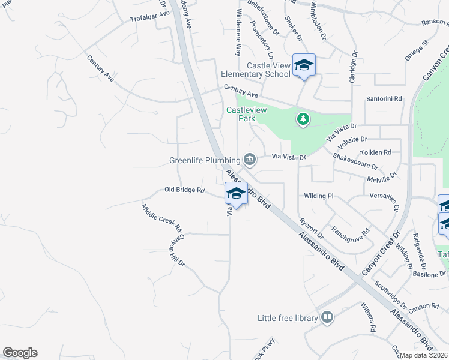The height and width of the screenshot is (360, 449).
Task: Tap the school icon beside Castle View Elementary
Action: tap(304, 65)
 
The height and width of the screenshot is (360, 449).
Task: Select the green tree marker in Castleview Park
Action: tap(303, 119)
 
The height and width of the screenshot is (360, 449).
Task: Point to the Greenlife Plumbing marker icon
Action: tap(250, 160)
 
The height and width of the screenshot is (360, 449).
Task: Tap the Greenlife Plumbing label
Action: tap(205, 161)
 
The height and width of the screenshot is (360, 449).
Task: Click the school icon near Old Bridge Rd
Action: tap(236, 194)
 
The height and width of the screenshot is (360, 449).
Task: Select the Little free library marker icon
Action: tap(327, 317)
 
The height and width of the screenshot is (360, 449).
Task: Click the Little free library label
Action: tap(287, 318)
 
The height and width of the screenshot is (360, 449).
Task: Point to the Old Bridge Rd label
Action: tap(185, 190)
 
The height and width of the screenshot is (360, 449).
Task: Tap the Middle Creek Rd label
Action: tap(161, 218)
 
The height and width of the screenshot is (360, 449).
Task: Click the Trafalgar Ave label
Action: tap(150, 16)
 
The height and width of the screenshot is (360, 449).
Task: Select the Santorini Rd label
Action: tap(384, 98)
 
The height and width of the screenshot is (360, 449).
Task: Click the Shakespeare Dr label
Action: tap(355, 161)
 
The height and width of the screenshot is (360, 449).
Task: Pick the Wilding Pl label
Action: tap(318, 196)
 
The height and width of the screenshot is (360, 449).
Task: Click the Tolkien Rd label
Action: tap(376, 152)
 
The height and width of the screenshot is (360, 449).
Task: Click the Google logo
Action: tap(20, 353)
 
